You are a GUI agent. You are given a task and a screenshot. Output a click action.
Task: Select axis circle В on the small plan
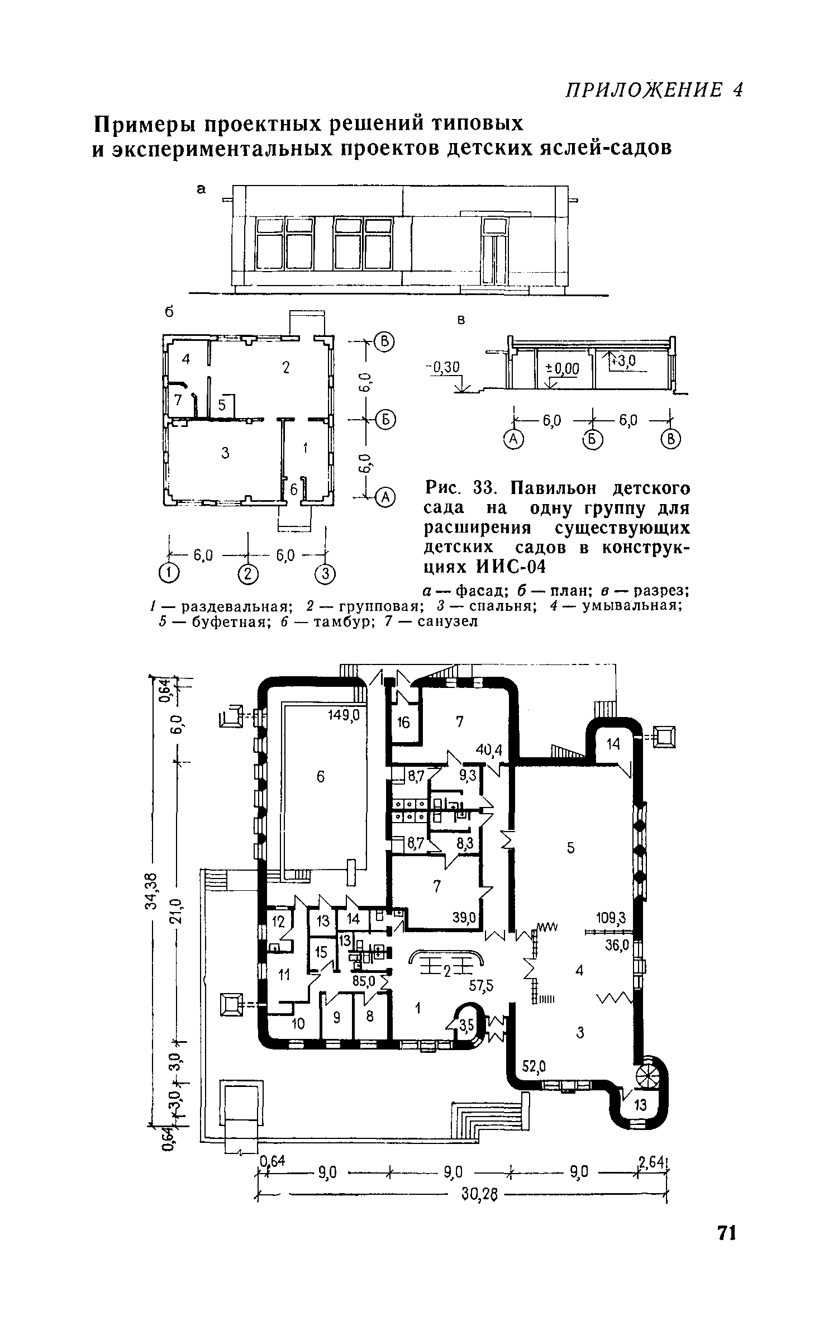384,340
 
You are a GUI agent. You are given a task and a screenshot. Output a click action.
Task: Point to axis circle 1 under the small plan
168,572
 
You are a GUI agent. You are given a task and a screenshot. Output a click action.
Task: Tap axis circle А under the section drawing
513,440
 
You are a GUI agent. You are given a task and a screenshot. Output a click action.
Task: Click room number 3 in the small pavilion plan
225,453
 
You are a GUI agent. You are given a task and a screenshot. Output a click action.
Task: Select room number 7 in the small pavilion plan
178,400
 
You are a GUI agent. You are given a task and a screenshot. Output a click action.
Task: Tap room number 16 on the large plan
403,723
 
